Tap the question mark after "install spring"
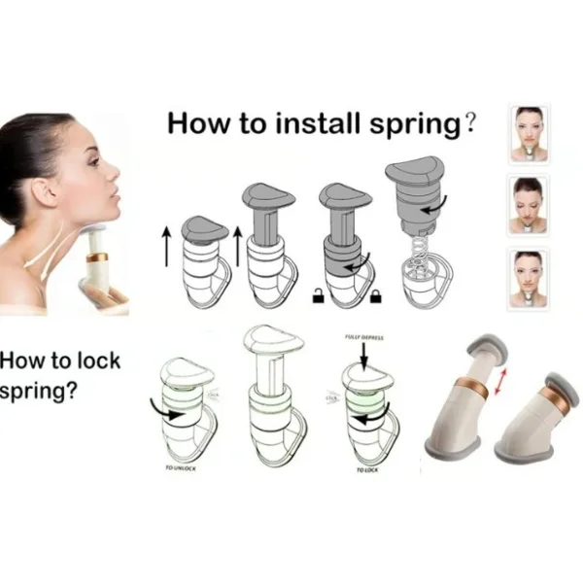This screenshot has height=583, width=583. coord(471,123)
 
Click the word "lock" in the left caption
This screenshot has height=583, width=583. coord(99,361)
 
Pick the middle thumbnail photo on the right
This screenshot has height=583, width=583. coord(529,205)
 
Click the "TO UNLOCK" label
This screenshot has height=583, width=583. coord(181,469)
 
